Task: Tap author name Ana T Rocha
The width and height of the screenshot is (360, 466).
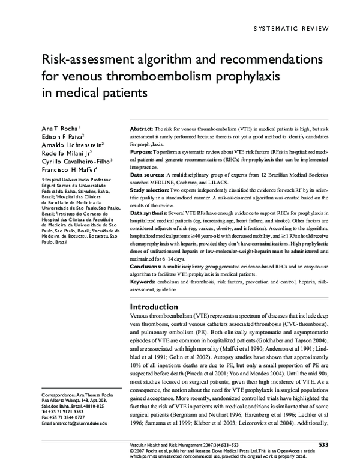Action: point(59,128)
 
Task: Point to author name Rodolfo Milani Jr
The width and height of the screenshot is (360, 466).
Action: point(66,153)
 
